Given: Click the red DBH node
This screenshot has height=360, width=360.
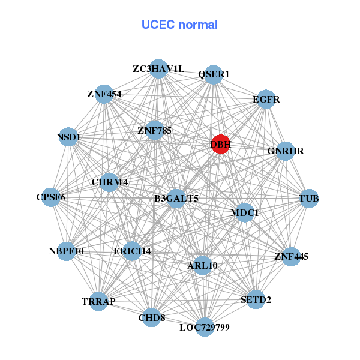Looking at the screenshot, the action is coord(220,144).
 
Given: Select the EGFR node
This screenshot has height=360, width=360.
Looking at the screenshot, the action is coord(265,99).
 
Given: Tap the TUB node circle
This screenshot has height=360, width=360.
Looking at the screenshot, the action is coord(308,199).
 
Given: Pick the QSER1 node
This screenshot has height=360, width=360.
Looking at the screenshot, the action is coord(214,74).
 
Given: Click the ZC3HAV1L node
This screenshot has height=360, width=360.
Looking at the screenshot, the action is coord(158,69).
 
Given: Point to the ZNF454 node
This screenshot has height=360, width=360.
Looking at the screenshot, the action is coord(104,94).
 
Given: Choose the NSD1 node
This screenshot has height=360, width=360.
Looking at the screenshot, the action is coord(69,137).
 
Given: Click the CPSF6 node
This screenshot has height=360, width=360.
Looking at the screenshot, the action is coord(51,197).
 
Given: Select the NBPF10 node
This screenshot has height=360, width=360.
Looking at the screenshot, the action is coord(67,251).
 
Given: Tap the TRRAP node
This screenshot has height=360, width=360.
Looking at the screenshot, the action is coord(98,301).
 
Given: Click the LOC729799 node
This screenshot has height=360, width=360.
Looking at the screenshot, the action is coord(205,327).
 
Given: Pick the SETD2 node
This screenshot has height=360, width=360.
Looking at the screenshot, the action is coord(256,299).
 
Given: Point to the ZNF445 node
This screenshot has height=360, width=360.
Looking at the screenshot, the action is coord(291,257).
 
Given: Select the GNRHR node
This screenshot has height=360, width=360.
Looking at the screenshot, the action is coord(285,151).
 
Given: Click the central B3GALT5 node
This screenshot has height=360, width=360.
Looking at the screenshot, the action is coord(176,198).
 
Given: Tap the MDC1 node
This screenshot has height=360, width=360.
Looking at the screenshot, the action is coord(244,212).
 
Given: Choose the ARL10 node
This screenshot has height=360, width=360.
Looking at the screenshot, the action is coord(203,265).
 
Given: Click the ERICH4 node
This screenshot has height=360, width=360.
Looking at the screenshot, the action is coord(132,251).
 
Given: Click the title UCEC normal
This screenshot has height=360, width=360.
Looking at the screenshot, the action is coord(179,25).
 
